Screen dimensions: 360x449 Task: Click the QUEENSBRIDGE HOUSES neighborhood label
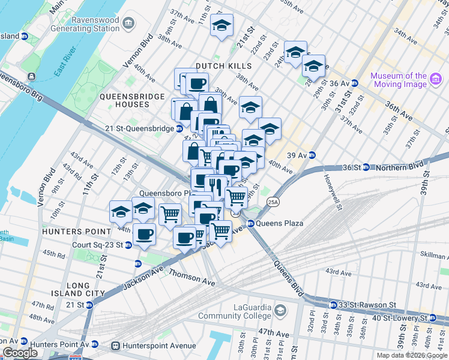pos(124,100)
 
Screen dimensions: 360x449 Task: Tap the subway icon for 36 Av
pos(355,83)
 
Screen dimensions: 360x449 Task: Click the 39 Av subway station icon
pos(312,155)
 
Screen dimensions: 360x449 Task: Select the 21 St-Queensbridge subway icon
pos(179,128)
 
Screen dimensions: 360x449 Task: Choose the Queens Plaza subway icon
pos(250,223)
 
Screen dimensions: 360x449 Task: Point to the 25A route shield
pos(273,202)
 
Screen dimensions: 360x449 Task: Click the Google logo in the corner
pos(20,353)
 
